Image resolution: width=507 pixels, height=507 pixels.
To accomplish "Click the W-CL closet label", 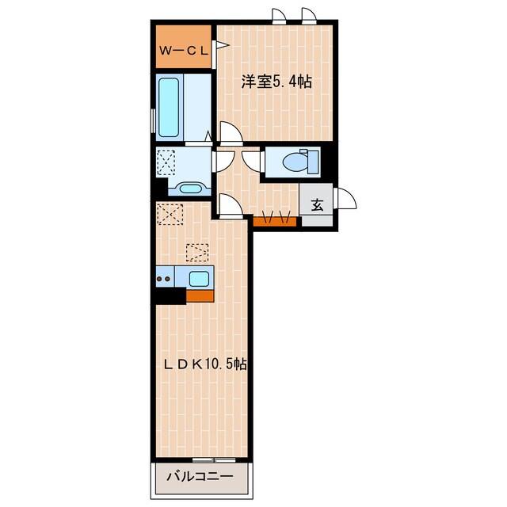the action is click(184, 51).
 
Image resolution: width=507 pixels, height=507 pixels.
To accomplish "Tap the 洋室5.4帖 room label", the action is click(276, 82).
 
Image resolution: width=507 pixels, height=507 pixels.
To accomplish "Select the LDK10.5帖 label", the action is click(206, 364).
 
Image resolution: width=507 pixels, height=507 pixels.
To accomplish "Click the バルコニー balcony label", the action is click(200, 477).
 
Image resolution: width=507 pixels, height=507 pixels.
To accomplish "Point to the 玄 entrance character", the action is click(317, 204).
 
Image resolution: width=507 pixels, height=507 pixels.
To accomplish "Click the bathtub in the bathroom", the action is click(169, 107).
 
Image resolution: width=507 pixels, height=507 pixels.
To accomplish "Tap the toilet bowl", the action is click(295, 162).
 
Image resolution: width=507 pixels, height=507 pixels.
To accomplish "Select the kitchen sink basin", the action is click(199, 278).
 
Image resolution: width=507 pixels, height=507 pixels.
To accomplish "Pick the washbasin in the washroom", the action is click(190, 189).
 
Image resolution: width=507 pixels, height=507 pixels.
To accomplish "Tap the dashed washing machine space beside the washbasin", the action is click(166, 162).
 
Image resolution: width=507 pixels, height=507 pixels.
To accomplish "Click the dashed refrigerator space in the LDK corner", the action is click(170, 214).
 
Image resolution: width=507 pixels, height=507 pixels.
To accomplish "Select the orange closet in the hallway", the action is click(275, 222).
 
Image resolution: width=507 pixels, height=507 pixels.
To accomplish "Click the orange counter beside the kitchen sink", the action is click(200, 295).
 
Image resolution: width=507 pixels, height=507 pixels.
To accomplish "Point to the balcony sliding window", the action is click(214, 459).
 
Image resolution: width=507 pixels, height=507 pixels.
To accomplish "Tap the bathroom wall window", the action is click(153, 121).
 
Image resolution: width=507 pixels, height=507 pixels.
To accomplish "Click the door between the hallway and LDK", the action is click(231, 204).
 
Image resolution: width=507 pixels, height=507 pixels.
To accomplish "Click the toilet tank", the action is click(313, 161).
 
